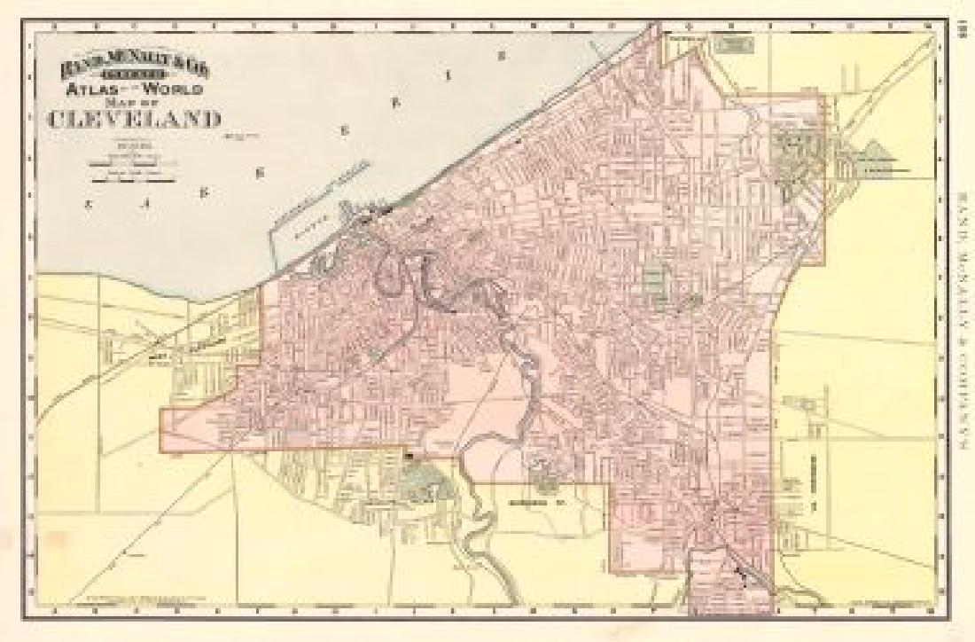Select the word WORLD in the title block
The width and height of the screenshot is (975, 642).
point(176,90)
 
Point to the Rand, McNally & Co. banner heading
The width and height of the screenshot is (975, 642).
point(142,67)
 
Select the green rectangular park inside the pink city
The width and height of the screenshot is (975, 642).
point(654,282)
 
